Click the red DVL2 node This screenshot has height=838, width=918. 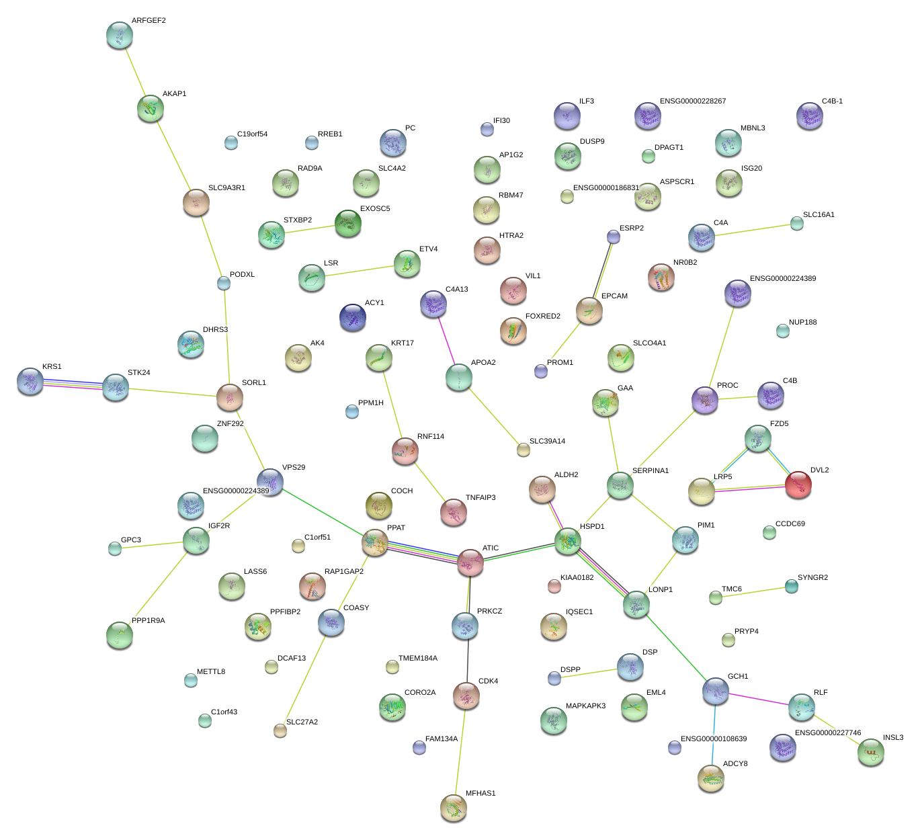tap(798, 484)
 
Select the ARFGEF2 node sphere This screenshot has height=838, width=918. tap(120, 35)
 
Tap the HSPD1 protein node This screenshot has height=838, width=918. tap(568, 540)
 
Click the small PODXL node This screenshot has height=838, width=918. tap(224, 283)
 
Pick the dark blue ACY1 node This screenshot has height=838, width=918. tap(353, 317)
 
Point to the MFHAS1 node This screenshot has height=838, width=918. tap(454, 807)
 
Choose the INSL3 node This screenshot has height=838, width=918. tap(870, 752)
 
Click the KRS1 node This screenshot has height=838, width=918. tap(30, 381)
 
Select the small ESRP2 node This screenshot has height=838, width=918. tap(614, 237)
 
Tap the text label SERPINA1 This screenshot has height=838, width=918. tap(651, 470)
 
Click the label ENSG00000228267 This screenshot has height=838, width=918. tap(692, 101)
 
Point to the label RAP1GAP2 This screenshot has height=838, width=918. tap(343, 571)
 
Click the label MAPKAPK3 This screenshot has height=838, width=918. tap(585, 706)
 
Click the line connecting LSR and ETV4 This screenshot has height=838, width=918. tap(359, 271)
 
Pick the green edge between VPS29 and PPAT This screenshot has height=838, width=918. tap(323, 511)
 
